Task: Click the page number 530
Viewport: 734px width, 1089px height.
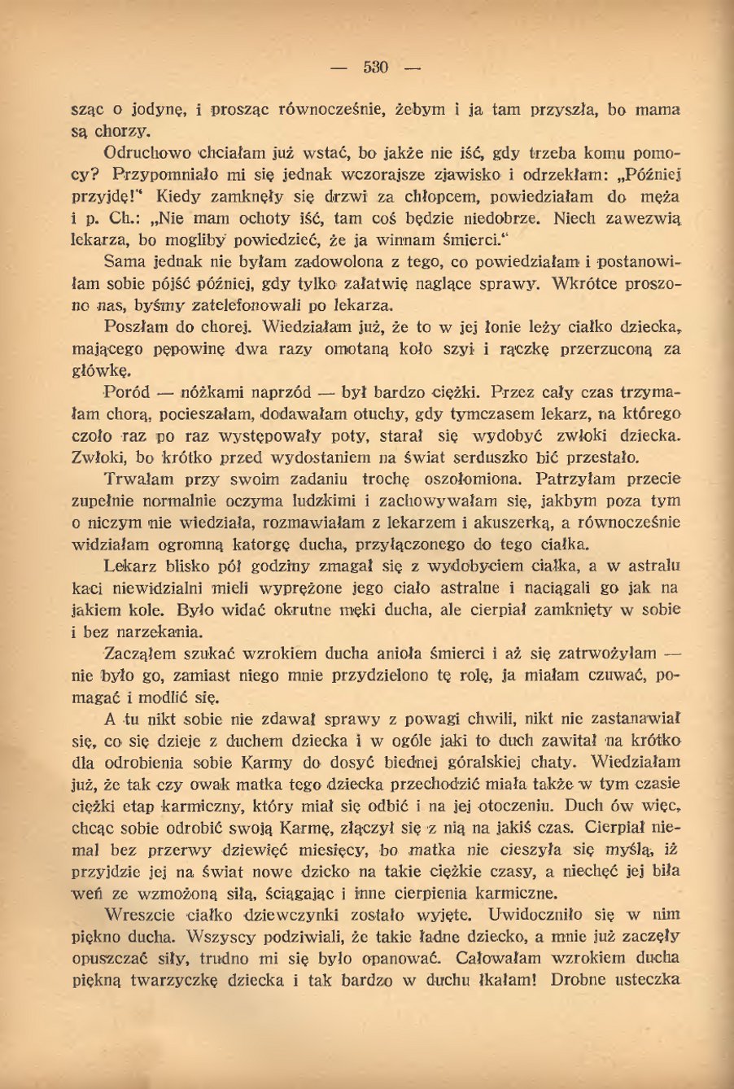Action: (x=375, y=68)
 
